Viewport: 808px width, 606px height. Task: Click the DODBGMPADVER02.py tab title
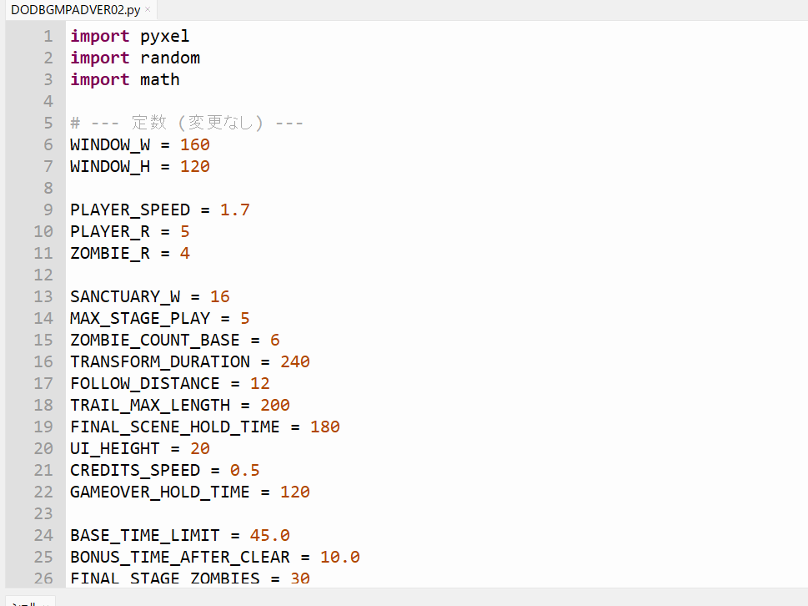click(76, 9)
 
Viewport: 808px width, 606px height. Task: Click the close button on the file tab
click(148, 9)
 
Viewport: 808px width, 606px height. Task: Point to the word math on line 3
click(160, 80)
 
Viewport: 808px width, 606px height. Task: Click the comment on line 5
click(187, 124)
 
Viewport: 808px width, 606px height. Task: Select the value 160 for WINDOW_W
click(195, 145)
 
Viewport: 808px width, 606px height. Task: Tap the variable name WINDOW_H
click(110, 167)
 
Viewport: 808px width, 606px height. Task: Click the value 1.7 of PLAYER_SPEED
click(235, 210)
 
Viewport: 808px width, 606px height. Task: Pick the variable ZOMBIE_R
click(110, 254)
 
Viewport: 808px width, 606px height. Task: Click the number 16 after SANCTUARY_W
click(220, 297)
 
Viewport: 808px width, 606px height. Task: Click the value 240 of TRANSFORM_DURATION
click(295, 362)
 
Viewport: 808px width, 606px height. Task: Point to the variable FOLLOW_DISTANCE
click(145, 384)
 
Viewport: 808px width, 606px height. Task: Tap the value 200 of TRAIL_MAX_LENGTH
click(275, 406)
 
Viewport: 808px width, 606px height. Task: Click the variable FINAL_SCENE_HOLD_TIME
click(175, 427)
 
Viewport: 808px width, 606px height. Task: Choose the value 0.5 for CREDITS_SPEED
click(245, 471)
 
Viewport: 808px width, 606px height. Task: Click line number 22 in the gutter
click(43, 492)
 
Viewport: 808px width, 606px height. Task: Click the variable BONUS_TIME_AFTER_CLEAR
click(180, 558)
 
